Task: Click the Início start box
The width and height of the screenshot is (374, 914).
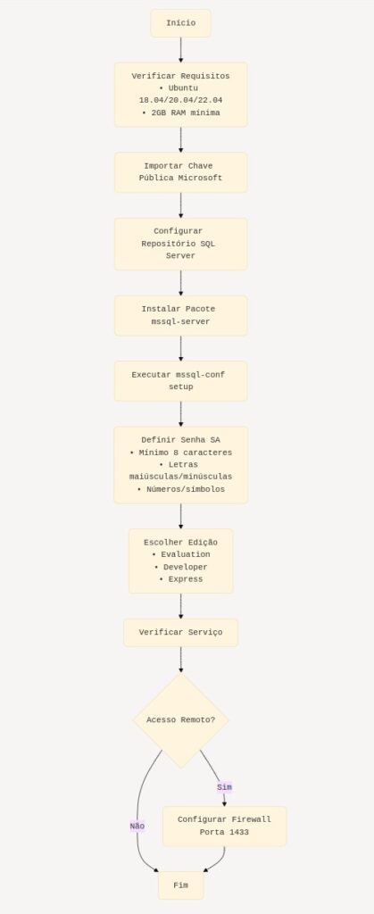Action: pyautogui.click(x=180, y=23)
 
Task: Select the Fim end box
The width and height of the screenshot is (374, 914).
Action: pyautogui.click(x=180, y=885)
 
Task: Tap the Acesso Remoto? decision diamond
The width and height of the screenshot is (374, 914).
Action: pyautogui.click(x=180, y=720)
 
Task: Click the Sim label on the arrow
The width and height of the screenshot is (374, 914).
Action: pyautogui.click(x=224, y=787)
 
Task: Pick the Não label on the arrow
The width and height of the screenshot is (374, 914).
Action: pyautogui.click(x=137, y=826)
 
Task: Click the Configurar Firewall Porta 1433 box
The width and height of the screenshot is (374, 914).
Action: pyautogui.click(x=224, y=826)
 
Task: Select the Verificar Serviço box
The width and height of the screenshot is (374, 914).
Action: pyautogui.click(x=180, y=633)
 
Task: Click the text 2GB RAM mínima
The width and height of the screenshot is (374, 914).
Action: pyautogui.click(x=186, y=112)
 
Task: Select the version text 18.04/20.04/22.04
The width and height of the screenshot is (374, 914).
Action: pyautogui.click(x=180, y=100)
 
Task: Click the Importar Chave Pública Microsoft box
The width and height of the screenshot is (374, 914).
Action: pyautogui.click(x=180, y=172)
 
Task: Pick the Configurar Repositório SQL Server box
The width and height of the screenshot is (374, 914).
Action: pyautogui.click(x=180, y=244)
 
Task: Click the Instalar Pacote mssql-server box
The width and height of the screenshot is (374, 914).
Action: pyautogui.click(x=180, y=315)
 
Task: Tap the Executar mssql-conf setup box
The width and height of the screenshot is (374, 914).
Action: pyautogui.click(x=180, y=381)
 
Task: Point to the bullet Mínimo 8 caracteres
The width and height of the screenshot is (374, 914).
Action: pyautogui.click(x=186, y=453)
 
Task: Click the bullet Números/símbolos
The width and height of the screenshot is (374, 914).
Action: pyautogui.click(x=186, y=489)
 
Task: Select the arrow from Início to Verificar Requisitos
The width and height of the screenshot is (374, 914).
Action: pyautogui.click(x=180, y=50)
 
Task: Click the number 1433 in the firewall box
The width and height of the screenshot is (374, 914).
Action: pyautogui.click(x=239, y=833)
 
